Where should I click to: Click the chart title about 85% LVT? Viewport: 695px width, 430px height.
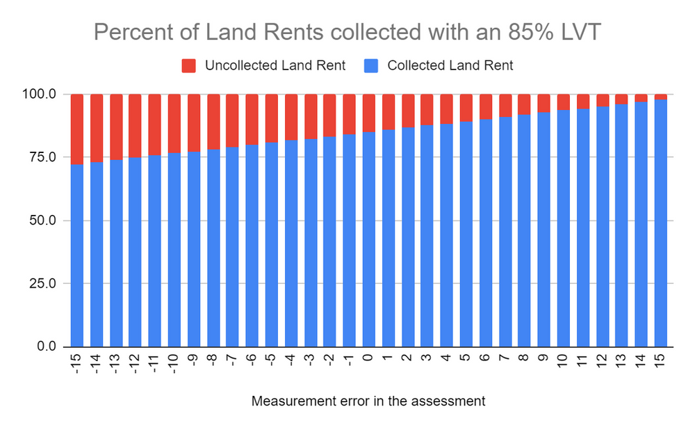pos(347,33)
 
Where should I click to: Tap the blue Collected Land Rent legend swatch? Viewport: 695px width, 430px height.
pos(372,66)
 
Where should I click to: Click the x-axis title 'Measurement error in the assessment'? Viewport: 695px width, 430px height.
pos(368,401)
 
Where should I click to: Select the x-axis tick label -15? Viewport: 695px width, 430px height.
pos(77,363)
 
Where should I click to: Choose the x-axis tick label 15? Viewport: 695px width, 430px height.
pos(660,360)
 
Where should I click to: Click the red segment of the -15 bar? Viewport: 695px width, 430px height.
pos(77,129)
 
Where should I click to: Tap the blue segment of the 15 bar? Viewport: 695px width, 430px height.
pos(660,223)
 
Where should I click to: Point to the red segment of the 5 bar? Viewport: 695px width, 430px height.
pos(466,108)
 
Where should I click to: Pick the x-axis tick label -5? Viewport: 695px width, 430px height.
pos(272,360)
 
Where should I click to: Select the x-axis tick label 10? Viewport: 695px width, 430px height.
pos(563,360)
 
